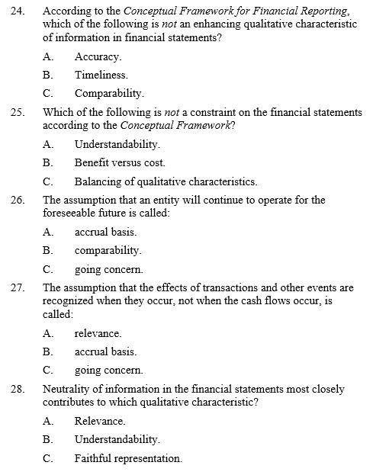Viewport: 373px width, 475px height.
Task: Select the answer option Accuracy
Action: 98,56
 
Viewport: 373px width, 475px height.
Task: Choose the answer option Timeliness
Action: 101,75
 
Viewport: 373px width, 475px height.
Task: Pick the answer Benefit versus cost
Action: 120,162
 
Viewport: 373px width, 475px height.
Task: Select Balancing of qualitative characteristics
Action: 166,181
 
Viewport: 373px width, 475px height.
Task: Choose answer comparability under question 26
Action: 108,250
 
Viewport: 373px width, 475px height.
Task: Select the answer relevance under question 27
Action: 98,333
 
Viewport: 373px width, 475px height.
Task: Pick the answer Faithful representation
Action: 128,458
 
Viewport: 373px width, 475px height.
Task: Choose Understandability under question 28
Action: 117,439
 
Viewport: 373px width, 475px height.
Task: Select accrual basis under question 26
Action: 105,232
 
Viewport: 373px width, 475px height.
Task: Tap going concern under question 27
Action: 108,371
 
